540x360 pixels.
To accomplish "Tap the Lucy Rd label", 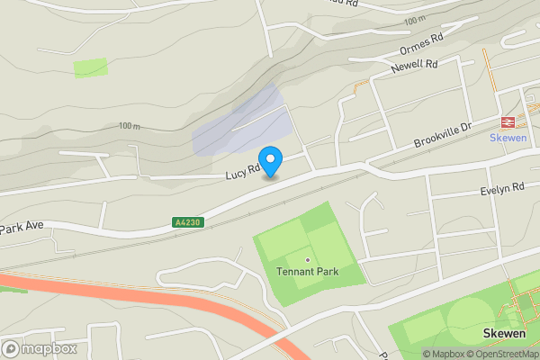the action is (x=243, y=167).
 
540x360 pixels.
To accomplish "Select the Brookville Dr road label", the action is (x=443, y=136).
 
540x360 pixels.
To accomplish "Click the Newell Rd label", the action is (x=414, y=65).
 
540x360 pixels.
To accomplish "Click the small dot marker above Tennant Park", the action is (x=307, y=260).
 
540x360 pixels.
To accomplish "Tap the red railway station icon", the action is (x=507, y=122).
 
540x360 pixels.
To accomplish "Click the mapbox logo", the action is (x=39, y=348).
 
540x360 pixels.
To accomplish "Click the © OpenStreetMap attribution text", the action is (x=503, y=354).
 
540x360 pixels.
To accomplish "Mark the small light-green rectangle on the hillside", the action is (x=91, y=67).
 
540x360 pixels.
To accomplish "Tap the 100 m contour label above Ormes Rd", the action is (x=415, y=20).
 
